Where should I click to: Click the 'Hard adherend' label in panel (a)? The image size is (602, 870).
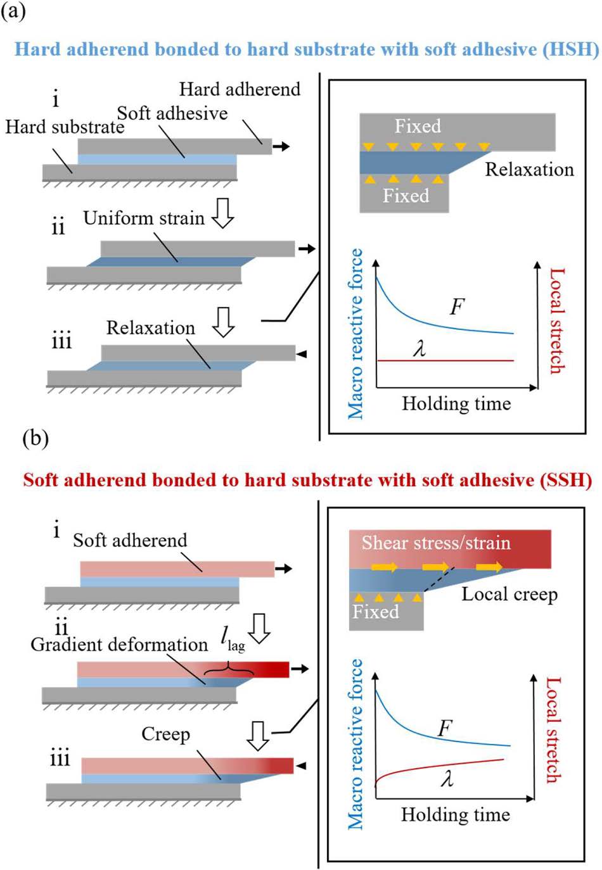point(240,89)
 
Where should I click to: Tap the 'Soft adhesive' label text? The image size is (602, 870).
point(172,113)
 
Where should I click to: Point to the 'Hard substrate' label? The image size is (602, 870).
point(65,127)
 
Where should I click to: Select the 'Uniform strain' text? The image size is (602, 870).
point(144,218)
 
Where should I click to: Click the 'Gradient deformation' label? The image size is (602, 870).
point(119,645)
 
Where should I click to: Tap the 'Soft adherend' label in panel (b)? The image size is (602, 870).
point(130,540)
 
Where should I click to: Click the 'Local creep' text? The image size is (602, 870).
point(509,594)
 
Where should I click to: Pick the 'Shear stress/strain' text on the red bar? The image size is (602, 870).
point(436,543)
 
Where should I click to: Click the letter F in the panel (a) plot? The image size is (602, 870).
point(457,307)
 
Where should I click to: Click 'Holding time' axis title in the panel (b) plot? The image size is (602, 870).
point(455,814)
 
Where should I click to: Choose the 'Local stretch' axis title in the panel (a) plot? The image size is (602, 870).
point(556,320)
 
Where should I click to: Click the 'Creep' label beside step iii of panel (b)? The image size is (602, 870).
point(165,734)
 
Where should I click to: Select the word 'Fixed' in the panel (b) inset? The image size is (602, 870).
point(376,612)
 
